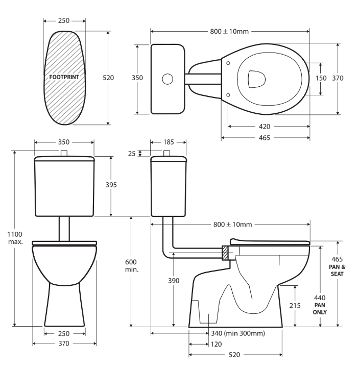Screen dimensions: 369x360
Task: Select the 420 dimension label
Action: click(x=265, y=126)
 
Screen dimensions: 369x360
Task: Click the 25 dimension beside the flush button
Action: click(x=132, y=153)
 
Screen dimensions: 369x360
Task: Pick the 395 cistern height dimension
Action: click(x=118, y=185)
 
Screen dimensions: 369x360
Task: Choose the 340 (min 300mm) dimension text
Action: click(x=237, y=333)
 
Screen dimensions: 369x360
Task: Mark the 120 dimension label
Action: click(x=218, y=345)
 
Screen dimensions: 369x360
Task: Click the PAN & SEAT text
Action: click(x=337, y=270)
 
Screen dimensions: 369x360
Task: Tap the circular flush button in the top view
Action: click(x=167, y=79)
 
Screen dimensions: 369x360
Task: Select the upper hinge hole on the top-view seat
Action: click(x=228, y=63)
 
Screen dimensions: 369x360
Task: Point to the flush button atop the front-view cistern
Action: click(x=64, y=154)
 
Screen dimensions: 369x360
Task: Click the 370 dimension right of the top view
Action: click(x=351, y=78)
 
